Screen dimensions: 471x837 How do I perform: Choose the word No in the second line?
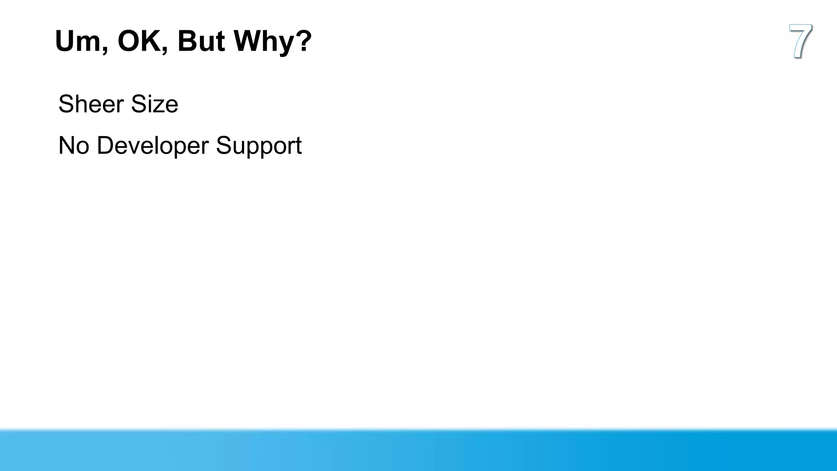tap(74, 146)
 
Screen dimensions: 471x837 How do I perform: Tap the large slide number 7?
tap(800, 41)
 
